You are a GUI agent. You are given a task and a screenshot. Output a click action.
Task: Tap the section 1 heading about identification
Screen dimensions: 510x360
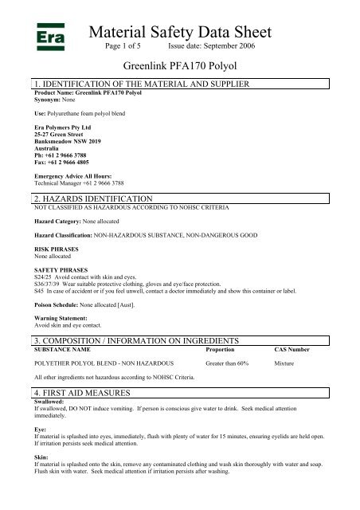click(x=141, y=84)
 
